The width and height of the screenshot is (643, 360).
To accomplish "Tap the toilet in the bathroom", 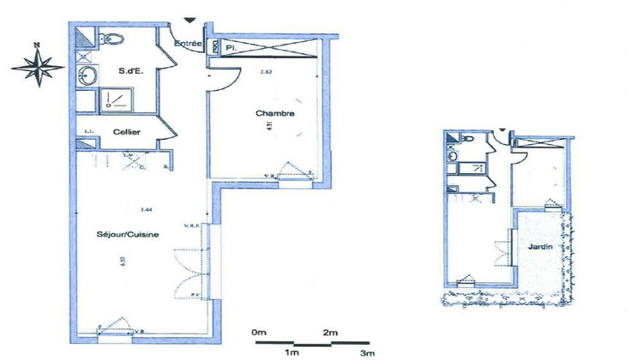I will pyautogui.click(x=112, y=38).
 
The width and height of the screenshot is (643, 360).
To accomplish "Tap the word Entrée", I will pyautogui.click(x=188, y=43).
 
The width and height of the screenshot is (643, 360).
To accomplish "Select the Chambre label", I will pyautogui.click(x=275, y=113).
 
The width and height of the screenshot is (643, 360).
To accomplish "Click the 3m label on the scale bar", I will pyautogui.click(x=367, y=352).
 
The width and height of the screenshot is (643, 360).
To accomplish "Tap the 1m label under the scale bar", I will pyautogui.click(x=293, y=352).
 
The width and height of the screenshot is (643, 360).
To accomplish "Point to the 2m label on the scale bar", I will pyautogui.click(x=331, y=332).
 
